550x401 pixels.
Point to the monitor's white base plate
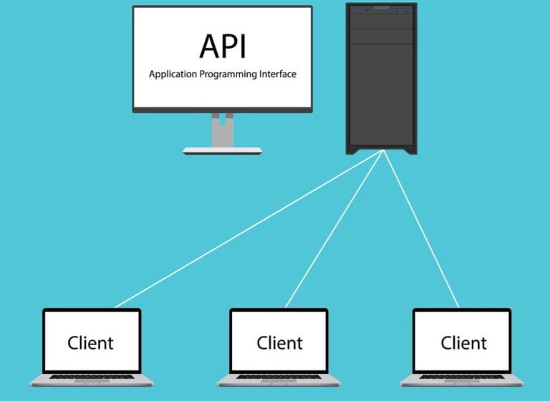coord(222,150)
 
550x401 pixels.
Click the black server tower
coord(381,93)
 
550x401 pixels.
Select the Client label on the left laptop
coord(91,342)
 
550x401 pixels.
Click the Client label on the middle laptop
coord(279,342)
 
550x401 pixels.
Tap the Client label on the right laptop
coord(463,342)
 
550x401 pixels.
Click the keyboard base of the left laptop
coord(92,380)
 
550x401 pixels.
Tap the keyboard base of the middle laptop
coord(279,380)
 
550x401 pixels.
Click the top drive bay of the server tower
coord(381,21)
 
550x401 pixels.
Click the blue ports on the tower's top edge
coord(405,9)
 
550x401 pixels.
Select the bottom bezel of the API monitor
coord(222,110)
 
